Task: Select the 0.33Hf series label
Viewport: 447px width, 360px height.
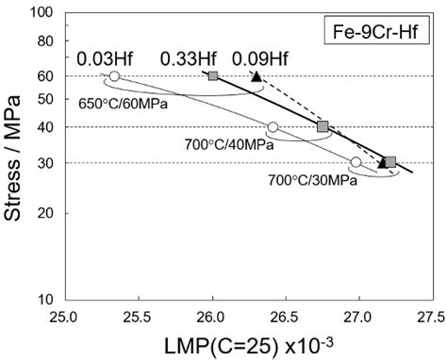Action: coord(185,58)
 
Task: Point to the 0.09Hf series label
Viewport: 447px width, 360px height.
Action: coord(257,58)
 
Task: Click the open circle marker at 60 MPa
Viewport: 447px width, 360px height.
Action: coord(114,76)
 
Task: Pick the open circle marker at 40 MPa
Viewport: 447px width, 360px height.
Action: coord(273,127)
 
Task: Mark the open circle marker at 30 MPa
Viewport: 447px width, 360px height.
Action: coord(356,162)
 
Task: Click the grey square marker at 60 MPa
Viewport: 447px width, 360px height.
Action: coord(212,75)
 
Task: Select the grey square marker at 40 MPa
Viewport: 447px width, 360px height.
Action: coord(323,126)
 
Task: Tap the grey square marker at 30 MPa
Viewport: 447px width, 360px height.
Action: coord(390,162)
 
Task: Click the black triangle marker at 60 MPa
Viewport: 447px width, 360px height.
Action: coord(257,75)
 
